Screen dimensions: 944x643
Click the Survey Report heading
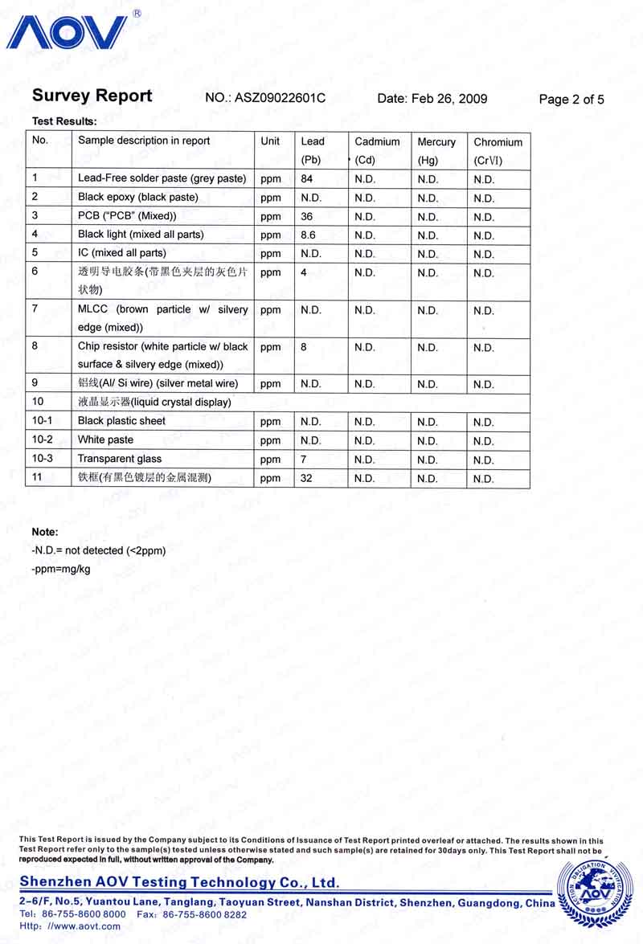pos(92,96)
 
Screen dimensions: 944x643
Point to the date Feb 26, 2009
pos(432,99)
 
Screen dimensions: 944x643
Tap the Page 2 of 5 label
pos(571,100)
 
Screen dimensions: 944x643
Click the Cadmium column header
pos(377,142)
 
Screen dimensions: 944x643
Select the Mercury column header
pos(436,142)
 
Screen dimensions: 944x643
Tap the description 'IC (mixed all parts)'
pos(121,253)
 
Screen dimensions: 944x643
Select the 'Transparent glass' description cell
pos(120,459)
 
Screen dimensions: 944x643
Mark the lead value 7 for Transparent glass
pos(304,459)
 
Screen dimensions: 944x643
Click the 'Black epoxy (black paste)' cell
pos(137,197)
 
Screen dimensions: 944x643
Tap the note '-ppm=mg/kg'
pos(60,569)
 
